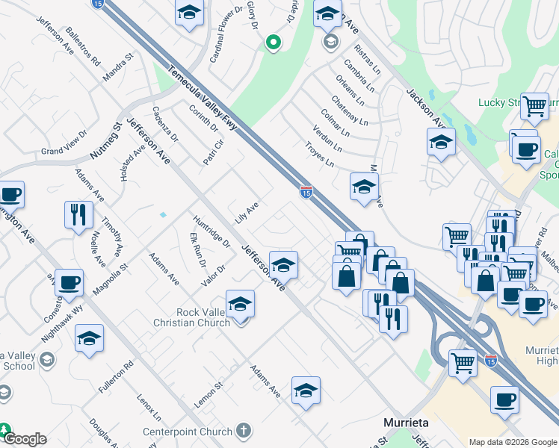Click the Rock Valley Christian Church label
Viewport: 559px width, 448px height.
coord(193,317)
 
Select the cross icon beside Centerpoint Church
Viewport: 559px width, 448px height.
coord(243,430)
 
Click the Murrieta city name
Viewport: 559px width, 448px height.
coord(406,422)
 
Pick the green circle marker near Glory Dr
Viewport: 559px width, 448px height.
coord(273,44)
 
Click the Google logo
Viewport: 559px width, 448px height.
coord(25,439)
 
